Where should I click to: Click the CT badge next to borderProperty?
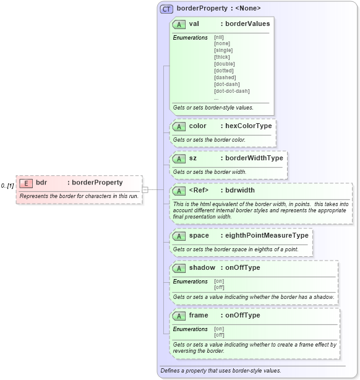coord(166,9)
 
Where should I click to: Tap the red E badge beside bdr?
coord(26,183)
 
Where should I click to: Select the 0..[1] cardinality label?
coord(7,186)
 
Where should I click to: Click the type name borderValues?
coord(247,24)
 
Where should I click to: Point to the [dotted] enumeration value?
coord(223,71)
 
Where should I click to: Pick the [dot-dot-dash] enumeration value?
coord(231,91)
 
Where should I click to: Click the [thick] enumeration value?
coord(221,57)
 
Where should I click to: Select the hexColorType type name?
coord(248,126)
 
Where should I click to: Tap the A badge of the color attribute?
coord(179,126)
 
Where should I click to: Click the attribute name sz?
coord(193,158)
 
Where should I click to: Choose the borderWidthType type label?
coord(254,158)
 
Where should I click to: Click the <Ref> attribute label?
coord(198,190)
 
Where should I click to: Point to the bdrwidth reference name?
coord(240,190)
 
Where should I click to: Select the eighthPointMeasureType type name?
coord(267,236)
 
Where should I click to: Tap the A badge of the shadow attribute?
coord(179,268)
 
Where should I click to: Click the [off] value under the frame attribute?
coord(219,335)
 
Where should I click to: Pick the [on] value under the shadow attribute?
coord(219,281)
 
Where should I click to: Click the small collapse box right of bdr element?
coord(145,190)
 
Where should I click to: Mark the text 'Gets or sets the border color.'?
coord(209,140)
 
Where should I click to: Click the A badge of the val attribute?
coord(179,24)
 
